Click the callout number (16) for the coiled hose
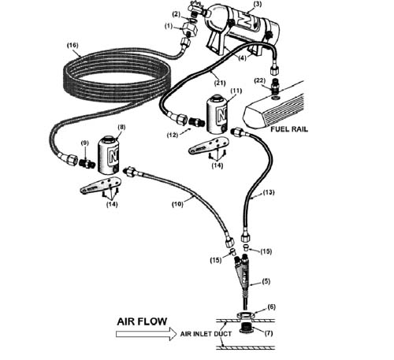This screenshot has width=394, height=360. (x=72, y=45)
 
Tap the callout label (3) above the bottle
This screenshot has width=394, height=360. (x=258, y=5)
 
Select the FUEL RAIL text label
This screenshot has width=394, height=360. (x=289, y=129)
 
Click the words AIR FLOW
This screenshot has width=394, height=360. (x=142, y=321)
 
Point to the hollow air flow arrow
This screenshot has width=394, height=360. (x=146, y=334)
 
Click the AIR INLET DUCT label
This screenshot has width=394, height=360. (x=206, y=334)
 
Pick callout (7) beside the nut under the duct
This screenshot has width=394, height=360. (x=269, y=333)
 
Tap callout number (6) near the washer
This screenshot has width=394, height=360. (x=271, y=306)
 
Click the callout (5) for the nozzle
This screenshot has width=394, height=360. (x=266, y=281)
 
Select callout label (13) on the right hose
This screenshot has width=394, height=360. (x=269, y=192)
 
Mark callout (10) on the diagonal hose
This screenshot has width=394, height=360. (x=177, y=204)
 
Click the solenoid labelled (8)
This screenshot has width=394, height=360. (x=109, y=155)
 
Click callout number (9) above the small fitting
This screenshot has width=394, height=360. (x=84, y=143)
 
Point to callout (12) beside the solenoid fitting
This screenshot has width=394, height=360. (x=173, y=135)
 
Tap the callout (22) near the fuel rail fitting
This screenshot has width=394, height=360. (x=260, y=80)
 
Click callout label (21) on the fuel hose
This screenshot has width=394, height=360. (x=220, y=83)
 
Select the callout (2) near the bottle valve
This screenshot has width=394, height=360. (x=177, y=14)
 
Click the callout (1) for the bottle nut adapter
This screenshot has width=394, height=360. (x=169, y=26)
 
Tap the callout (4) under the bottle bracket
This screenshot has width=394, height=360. (x=242, y=58)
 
